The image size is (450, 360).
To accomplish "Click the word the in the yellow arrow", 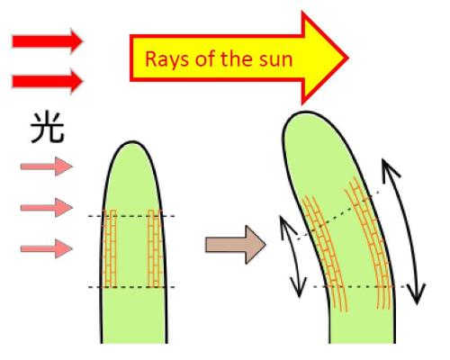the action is tap(236, 58).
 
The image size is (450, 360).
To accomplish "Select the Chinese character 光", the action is tap(47, 128).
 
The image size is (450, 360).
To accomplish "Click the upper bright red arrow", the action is tap(47, 41).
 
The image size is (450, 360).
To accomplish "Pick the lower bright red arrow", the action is tap(47, 81).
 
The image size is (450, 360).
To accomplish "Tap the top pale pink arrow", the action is tap(47, 166).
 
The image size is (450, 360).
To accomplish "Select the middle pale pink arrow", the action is tap(47, 207).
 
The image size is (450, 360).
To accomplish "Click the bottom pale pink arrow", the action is tap(47, 248).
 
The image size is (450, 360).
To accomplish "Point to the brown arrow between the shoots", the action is tap(236, 245).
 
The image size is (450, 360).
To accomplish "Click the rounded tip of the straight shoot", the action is tap(132, 141).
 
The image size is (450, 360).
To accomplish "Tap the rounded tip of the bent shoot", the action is tap(303, 112).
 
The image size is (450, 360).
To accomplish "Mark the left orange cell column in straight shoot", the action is tap(109, 248).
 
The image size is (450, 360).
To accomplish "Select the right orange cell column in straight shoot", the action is tap(156, 248).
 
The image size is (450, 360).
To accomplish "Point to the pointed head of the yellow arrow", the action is tap(348, 58).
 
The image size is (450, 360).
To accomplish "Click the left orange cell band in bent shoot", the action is tap(325, 255).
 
